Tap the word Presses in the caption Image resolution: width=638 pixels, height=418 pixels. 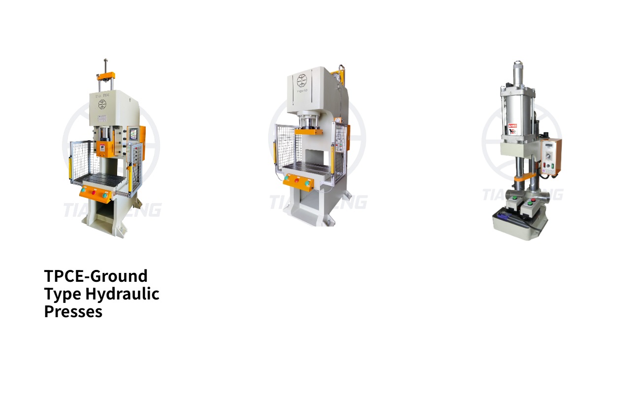73,311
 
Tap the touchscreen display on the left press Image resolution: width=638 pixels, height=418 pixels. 133,134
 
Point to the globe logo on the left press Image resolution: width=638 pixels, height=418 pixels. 102,104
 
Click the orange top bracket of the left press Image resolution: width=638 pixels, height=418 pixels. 106,77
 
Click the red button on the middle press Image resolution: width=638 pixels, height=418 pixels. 297,180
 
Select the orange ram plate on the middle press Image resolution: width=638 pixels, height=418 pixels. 309,131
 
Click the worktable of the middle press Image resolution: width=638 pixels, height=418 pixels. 305,170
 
